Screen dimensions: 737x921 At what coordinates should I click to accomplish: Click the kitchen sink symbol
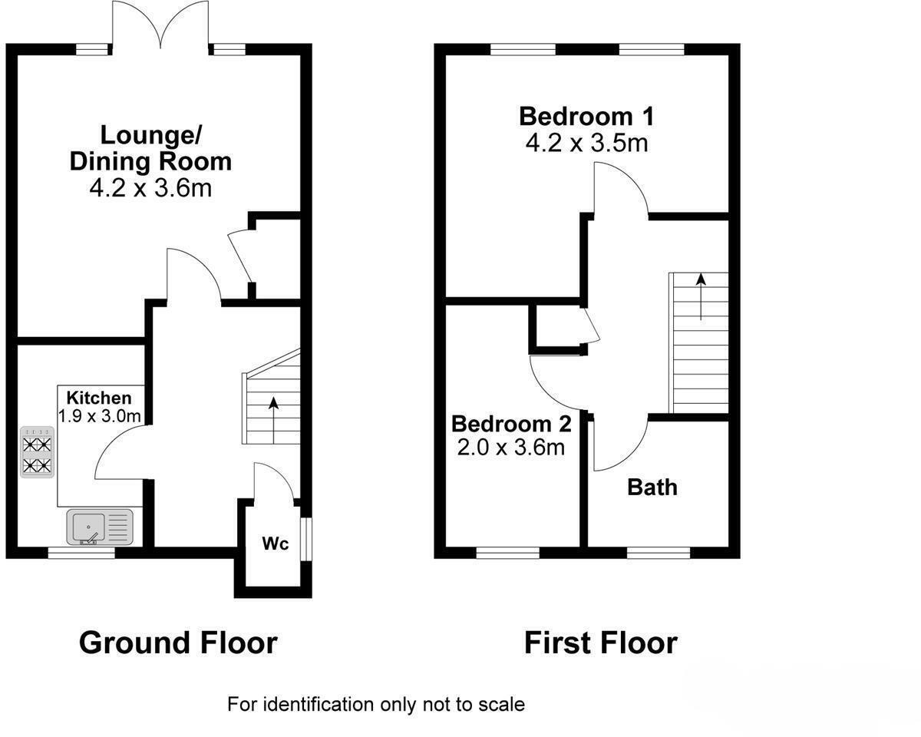(101, 528)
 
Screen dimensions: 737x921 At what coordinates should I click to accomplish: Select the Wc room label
(276, 544)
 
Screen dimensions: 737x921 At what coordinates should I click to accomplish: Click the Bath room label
(652, 487)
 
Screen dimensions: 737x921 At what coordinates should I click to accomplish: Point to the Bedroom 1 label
(586, 117)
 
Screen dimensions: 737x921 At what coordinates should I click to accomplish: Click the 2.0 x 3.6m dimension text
(510, 447)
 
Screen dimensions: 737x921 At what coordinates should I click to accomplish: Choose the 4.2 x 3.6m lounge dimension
(150, 187)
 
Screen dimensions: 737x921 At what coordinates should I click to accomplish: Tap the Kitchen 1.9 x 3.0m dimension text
(100, 416)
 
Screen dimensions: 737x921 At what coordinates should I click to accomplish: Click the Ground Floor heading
(177, 643)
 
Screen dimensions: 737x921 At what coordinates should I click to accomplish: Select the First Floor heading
(600, 643)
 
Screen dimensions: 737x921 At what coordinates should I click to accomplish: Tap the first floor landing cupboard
(557, 328)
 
